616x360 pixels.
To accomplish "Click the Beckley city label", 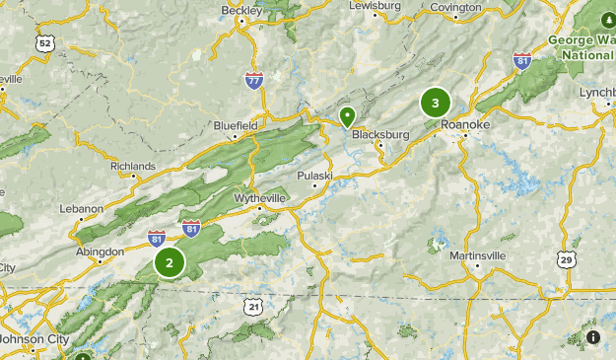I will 241,10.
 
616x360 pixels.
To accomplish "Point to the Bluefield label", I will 236,126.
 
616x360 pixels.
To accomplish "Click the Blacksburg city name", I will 379,134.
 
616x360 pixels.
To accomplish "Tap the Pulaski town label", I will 316,176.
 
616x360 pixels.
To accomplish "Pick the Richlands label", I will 133,167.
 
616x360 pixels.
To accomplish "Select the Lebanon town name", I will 81,209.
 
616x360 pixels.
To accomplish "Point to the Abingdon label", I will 102,252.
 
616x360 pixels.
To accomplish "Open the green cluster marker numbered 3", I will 435,103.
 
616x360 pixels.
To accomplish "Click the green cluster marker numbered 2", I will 170,262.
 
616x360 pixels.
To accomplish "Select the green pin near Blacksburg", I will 347,116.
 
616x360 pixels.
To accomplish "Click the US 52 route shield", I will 44,43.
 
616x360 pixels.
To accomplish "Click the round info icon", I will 592,337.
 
